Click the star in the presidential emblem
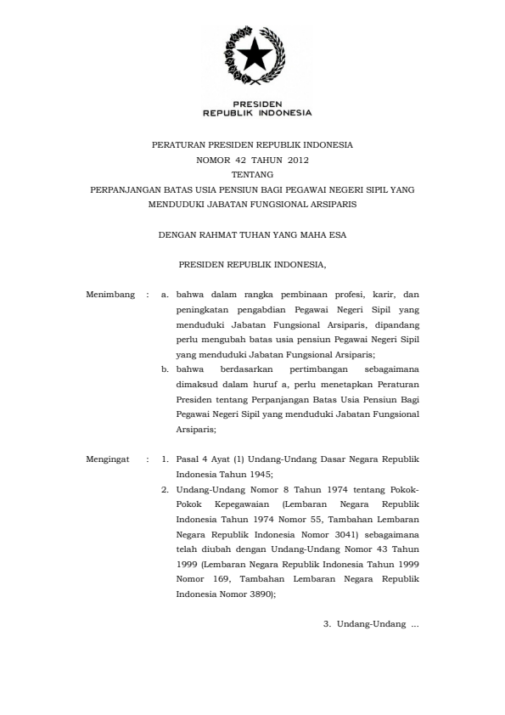click(254, 58)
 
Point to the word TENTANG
click(252, 173)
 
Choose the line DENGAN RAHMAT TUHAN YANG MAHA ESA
click(252, 234)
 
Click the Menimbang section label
click(110, 295)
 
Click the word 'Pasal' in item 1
click(187, 459)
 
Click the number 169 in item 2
click(218, 580)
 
